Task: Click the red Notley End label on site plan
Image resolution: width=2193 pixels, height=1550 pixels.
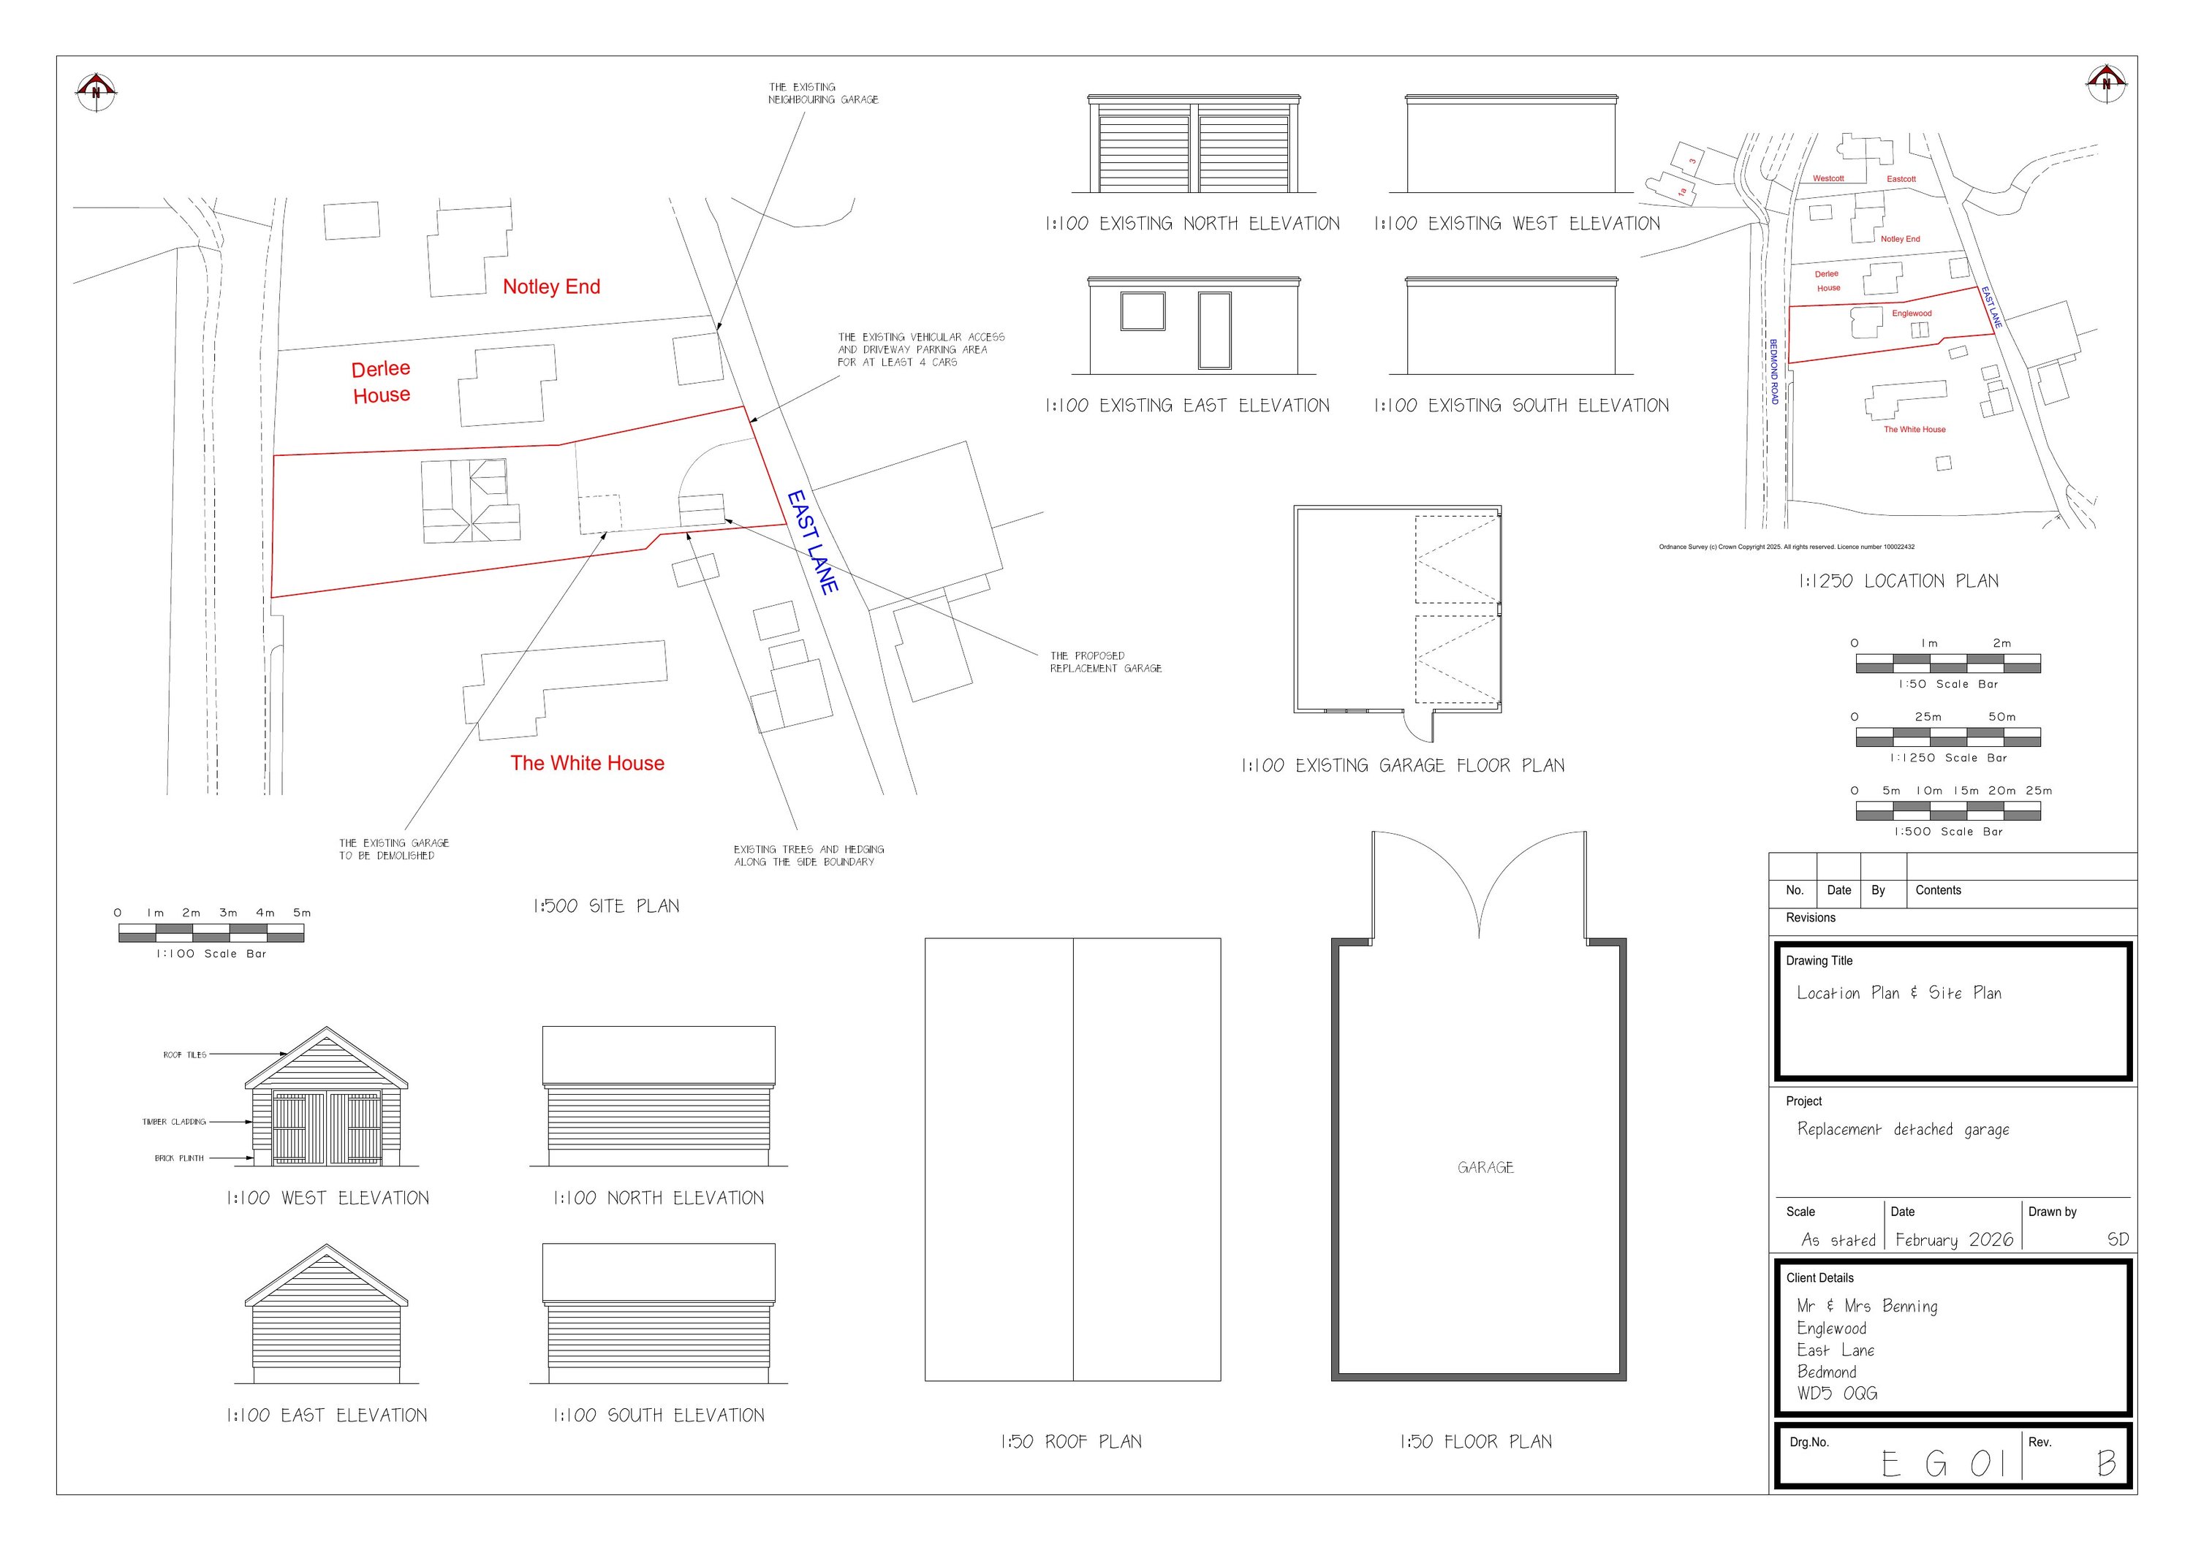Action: (551, 286)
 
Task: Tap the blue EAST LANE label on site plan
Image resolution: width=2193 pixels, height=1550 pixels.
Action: (813, 542)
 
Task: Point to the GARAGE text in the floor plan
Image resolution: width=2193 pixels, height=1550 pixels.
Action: (1485, 1167)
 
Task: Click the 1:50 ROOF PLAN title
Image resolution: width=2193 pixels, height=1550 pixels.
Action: (1071, 1442)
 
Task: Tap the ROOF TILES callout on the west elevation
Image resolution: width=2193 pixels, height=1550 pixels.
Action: (184, 1055)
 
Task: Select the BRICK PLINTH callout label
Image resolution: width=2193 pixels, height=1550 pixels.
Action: (180, 1158)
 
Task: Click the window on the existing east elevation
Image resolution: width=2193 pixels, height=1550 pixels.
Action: (1143, 311)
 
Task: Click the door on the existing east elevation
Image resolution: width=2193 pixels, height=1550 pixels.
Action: (1214, 330)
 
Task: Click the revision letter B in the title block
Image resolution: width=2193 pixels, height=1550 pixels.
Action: (2106, 1463)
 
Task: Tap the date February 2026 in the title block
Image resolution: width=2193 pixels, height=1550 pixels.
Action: (1953, 1239)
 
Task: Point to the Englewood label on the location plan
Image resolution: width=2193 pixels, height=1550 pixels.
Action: (1912, 314)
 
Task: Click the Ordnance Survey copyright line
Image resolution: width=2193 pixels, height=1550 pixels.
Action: (1785, 547)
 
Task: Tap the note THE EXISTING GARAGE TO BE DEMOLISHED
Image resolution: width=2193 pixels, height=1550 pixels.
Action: (393, 849)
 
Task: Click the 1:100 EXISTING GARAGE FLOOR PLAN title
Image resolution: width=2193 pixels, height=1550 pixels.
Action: (1402, 766)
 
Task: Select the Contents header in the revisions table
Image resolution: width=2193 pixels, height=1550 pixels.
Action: (1937, 890)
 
